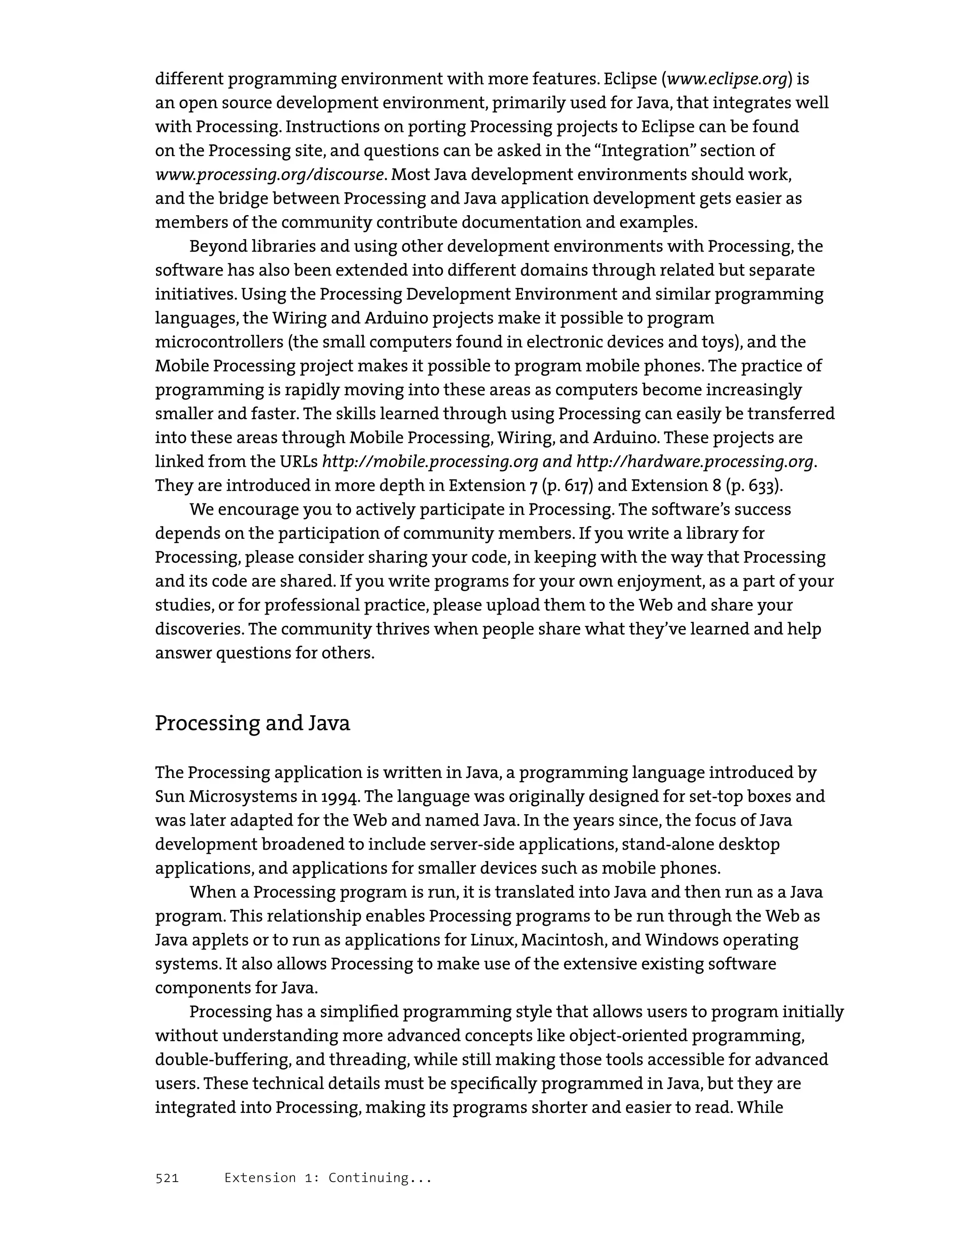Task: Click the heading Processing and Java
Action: point(252,723)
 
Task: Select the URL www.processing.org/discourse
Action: point(269,174)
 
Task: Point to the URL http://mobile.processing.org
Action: point(430,462)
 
